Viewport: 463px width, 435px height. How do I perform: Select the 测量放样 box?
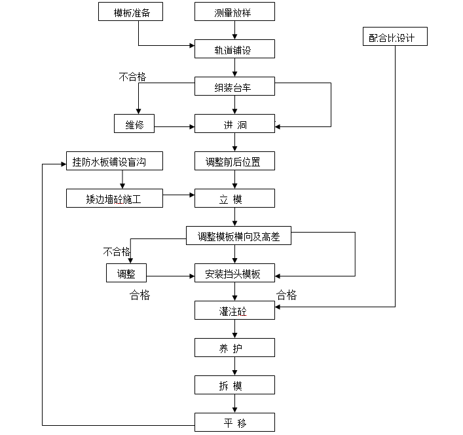[x=234, y=12]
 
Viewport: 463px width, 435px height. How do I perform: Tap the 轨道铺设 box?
[x=234, y=49]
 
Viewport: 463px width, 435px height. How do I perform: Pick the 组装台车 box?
[x=234, y=86]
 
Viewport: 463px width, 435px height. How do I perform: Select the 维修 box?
[x=134, y=124]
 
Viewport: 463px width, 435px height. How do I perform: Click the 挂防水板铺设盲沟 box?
[x=115, y=161]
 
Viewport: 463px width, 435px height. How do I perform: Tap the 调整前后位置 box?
[x=234, y=161]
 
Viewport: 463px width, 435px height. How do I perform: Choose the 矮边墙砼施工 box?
[x=115, y=199]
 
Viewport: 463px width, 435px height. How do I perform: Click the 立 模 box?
[x=234, y=199]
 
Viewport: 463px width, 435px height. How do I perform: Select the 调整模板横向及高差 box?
[x=238, y=236]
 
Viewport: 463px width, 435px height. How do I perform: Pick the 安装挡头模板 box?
[x=234, y=274]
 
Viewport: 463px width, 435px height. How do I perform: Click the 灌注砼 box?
[x=234, y=310]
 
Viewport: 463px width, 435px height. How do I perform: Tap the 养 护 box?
[x=234, y=348]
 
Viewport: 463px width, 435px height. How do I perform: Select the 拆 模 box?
[x=234, y=385]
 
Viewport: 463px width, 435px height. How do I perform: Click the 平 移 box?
[x=234, y=423]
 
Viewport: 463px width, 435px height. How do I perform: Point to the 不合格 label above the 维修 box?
[x=132, y=77]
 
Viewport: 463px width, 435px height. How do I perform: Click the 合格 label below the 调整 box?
[x=140, y=295]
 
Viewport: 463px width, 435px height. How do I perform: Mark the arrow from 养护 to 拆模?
[x=234, y=366]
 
